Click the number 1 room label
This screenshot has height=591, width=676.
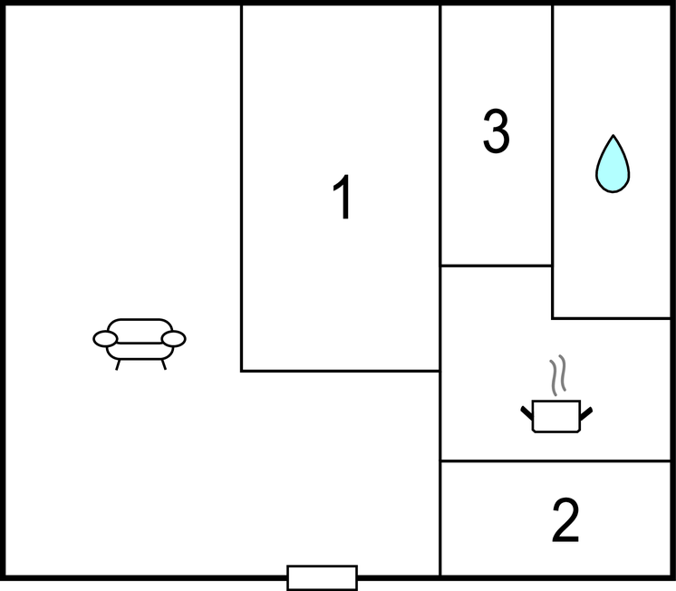[343, 197]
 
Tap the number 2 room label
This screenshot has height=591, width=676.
[565, 519]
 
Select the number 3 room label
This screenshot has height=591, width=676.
[497, 131]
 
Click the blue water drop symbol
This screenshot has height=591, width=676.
[613, 164]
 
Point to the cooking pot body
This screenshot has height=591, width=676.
[556, 416]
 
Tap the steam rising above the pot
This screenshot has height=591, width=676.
[557, 375]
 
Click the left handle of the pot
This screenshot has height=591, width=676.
[526, 412]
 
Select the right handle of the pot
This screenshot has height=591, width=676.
[586, 413]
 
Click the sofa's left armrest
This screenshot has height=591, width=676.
[105, 339]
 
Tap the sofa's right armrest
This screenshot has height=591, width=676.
[174, 339]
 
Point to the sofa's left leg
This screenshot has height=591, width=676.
[118, 364]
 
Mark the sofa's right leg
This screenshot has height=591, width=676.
[164, 364]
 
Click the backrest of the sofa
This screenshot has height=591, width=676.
[140, 331]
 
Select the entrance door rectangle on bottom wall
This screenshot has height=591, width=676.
[322, 577]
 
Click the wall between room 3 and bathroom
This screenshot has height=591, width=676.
[552, 135]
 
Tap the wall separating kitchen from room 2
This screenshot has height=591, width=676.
[555, 461]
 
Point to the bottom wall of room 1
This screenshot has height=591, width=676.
[341, 371]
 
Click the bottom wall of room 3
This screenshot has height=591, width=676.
[497, 266]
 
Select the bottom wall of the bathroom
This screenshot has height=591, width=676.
[612, 318]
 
